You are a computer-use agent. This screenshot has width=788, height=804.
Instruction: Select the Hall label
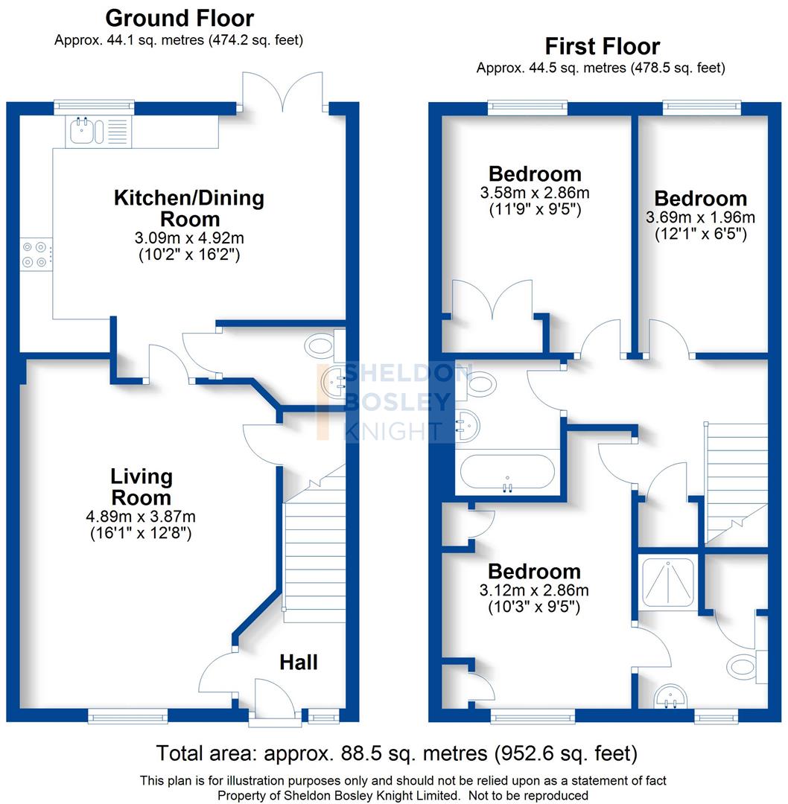[x=299, y=662]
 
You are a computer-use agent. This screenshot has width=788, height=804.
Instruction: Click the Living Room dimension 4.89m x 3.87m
[x=141, y=517]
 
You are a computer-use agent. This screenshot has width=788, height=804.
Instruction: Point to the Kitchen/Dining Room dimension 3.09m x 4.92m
[x=188, y=238]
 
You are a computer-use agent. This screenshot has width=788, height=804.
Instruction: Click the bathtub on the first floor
[x=506, y=473]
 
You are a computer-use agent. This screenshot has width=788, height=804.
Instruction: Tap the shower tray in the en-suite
[x=668, y=581]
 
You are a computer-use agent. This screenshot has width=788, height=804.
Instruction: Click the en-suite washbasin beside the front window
[x=673, y=697]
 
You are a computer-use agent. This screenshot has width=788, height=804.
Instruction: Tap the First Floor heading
[x=602, y=46]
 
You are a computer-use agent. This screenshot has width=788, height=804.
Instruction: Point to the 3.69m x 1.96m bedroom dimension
[x=700, y=217]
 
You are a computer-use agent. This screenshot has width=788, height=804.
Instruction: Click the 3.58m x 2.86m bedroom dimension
[x=534, y=193]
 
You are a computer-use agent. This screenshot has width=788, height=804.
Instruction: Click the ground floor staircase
[x=314, y=551]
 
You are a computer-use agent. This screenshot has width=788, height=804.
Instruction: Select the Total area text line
[x=396, y=753]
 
